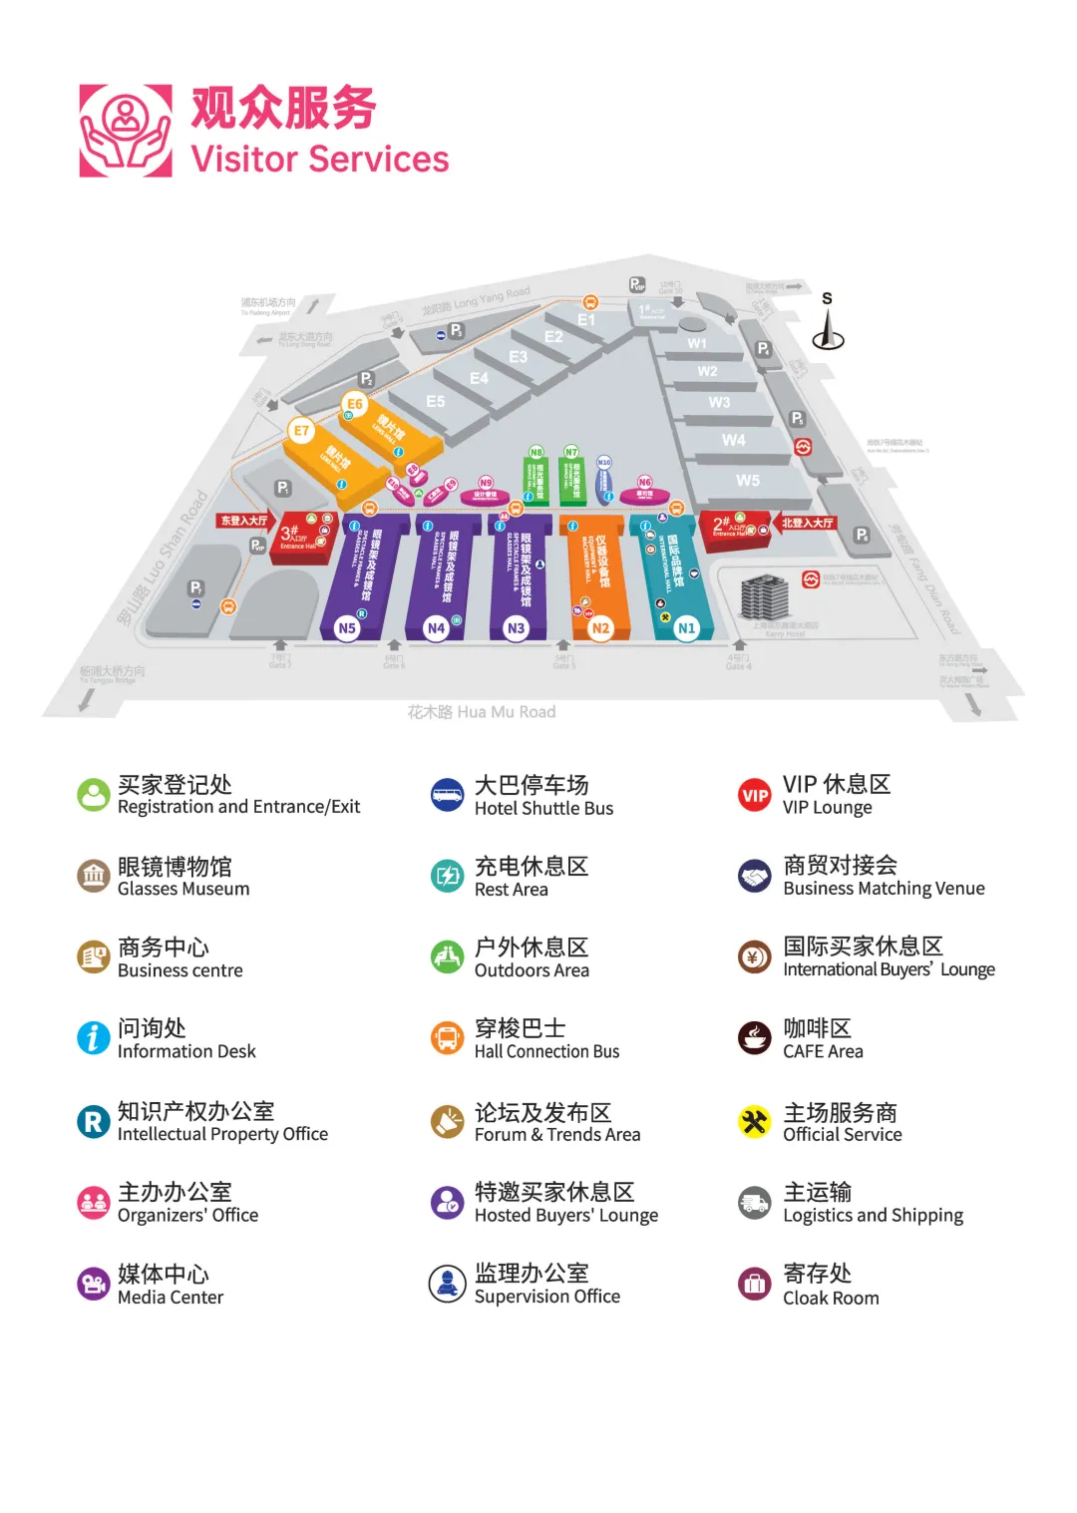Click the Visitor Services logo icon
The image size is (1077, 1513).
[126, 131]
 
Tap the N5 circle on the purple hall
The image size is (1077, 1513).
[347, 628]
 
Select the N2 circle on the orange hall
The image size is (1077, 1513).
[600, 628]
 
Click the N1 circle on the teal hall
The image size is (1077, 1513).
[686, 628]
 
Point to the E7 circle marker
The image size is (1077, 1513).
[300, 431]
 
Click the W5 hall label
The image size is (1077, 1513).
[748, 481]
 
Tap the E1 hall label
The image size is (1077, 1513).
[586, 320]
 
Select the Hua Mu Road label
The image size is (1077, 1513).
[482, 712]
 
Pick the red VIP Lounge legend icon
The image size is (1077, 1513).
[755, 795]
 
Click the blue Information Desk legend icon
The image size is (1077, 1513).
[94, 1038]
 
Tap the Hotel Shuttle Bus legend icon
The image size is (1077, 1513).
[448, 795]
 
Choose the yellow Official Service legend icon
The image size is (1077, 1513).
[755, 1122]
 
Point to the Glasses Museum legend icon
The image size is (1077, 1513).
[94, 876]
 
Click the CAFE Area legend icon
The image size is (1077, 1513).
[755, 1038]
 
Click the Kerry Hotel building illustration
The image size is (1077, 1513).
[765, 597]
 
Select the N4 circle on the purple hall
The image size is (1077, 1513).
[436, 628]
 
